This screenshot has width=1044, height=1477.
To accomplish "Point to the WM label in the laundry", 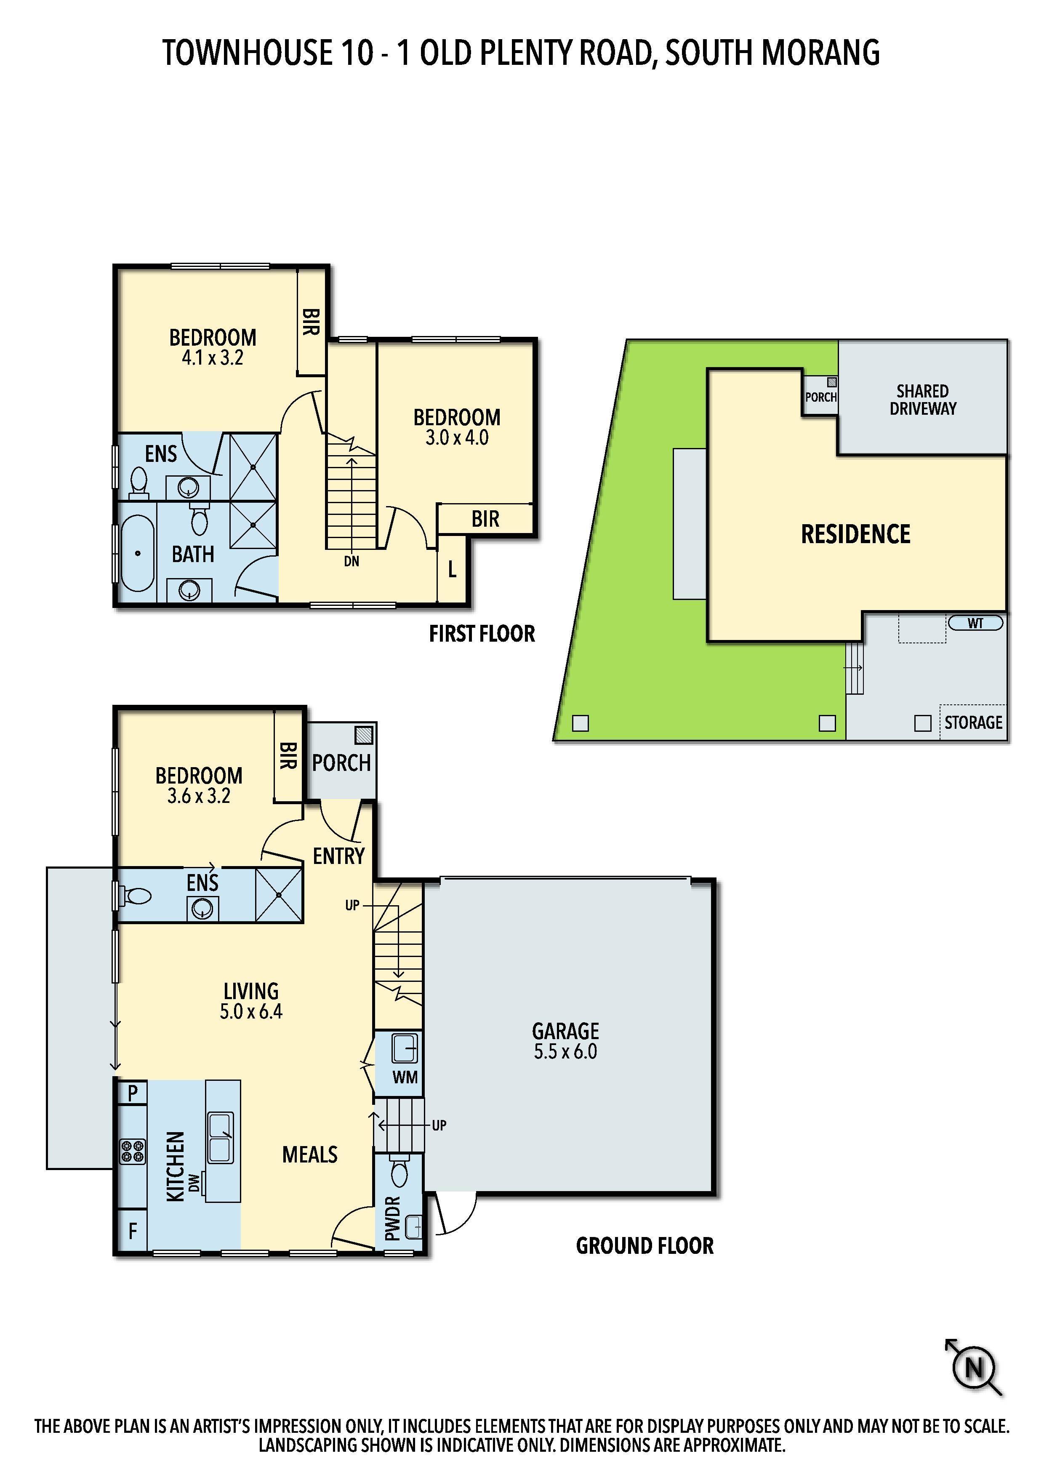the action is [405, 1077].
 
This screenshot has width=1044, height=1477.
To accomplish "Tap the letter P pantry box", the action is [133, 1093].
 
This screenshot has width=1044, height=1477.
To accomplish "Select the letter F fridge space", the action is [133, 1231].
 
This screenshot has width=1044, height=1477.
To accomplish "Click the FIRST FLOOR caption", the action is [482, 634].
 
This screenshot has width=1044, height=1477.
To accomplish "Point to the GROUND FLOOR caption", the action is [645, 1246].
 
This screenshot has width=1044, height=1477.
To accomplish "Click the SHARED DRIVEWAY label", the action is [922, 400].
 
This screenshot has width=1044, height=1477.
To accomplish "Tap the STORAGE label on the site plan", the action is [973, 723].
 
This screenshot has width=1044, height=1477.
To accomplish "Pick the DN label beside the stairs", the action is [351, 562].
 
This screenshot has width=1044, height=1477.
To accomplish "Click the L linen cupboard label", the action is [452, 569].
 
